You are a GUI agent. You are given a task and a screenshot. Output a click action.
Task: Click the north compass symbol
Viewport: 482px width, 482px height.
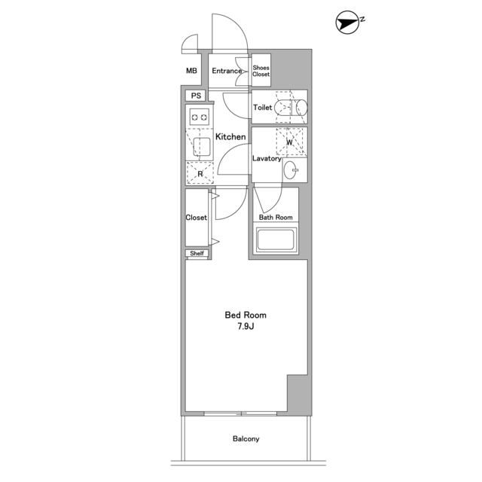(x=348, y=22)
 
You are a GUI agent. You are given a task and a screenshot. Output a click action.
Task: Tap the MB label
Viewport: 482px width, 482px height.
(x=191, y=71)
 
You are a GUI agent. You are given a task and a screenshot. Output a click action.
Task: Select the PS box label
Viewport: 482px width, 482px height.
(x=196, y=96)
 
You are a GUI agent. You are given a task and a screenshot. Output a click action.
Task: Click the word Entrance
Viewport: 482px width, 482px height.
(x=227, y=71)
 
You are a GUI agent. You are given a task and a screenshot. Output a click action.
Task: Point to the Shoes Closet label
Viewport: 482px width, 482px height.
(x=261, y=71)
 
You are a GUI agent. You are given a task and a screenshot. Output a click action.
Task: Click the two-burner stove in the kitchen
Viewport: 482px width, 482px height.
(x=200, y=117)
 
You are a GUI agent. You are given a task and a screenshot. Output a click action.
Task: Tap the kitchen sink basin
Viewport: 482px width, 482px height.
(x=202, y=147)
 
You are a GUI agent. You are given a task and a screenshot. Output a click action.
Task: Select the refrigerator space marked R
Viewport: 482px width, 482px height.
(x=200, y=173)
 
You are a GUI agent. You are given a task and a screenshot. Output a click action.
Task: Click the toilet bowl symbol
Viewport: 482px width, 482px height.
(x=291, y=108)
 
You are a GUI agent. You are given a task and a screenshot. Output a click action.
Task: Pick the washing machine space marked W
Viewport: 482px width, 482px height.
(x=289, y=142)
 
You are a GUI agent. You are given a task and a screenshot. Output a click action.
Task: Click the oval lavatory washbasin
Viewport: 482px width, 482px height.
(x=291, y=170)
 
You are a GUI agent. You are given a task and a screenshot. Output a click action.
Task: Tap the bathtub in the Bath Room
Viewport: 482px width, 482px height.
(x=276, y=239)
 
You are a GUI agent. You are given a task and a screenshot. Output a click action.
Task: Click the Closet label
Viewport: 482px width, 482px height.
(x=196, y=218)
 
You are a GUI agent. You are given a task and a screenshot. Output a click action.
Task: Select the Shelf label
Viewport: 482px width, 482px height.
(x=197, y=253)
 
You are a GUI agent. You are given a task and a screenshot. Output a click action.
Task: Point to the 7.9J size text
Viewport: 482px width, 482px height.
(x=246, y=326)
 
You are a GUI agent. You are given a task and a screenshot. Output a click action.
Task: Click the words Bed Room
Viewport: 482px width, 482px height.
(x=246, y=315)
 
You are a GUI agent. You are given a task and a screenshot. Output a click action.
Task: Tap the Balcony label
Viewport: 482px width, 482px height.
(x=246, y=438)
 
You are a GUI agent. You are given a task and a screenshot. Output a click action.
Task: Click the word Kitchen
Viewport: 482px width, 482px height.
(x=230, y=136)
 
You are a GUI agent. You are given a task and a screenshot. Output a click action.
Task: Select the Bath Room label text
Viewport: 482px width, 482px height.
(x=276, y=218)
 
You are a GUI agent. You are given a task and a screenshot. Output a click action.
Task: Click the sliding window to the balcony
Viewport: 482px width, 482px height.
(x=241, y=413)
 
